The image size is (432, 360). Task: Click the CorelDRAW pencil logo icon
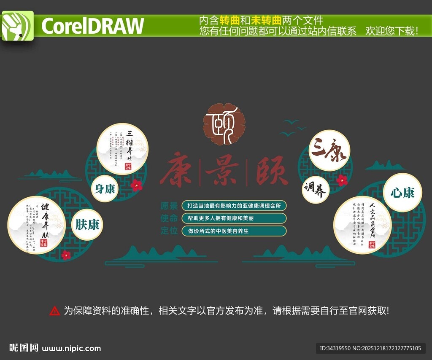[17, 26]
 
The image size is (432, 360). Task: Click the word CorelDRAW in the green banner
[92, 26]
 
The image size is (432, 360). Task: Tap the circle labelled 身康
[105, 188]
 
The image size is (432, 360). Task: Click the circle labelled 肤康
[87, 225]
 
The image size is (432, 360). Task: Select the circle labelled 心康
[402, 193]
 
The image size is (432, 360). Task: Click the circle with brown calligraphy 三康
[329, 150]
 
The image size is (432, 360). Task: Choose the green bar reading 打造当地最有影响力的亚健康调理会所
[234, 206]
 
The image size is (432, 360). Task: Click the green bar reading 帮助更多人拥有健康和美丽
[234, 218]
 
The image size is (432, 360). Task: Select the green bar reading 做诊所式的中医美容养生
[234, 231]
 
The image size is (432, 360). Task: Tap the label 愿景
[169, 206]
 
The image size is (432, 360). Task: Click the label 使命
[169, 218]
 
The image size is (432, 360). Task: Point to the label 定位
[169, 231]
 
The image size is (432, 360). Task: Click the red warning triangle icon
[55, 311]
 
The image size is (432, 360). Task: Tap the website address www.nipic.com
[72, 348]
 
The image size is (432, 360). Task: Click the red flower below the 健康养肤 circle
[66, 255]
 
